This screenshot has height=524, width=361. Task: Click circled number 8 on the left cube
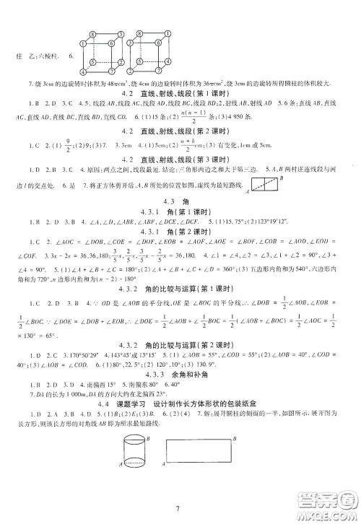click(x=93, y=34)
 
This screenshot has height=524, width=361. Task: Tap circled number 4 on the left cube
click(x=82, y=71)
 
